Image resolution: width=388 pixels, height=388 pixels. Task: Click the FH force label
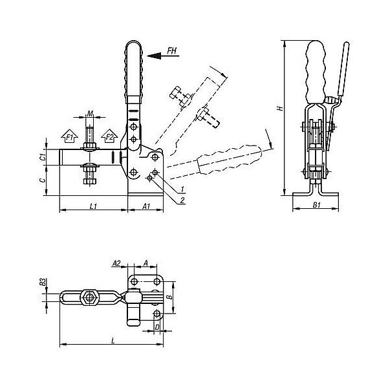click(172, 50)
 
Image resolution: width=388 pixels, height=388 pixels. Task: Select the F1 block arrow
click(70, 136)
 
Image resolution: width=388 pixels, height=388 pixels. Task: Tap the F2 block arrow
click(109, 136)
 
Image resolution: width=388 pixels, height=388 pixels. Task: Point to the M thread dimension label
click(90, 114)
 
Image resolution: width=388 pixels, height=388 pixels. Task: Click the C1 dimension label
click(43, 157)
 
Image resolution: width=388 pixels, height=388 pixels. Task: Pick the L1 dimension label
click(93, 206)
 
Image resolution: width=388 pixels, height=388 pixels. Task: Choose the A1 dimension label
click(146, 206)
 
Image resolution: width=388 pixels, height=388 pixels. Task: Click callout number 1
click(182, 189)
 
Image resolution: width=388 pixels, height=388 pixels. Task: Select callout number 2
click(182, 200)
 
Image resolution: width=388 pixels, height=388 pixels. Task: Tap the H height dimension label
click(280, 109)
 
